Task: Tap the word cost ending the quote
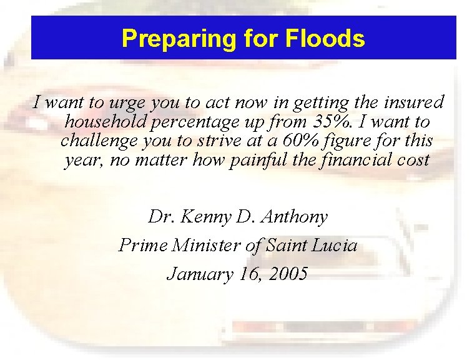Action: tap(413, 160)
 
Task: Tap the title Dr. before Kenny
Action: tap(160, 217)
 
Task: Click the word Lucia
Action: tap(335, 246)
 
